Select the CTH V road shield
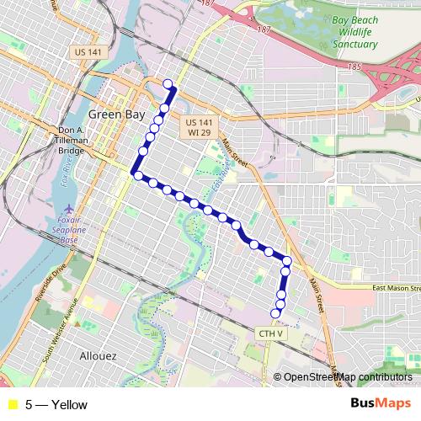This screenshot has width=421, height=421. (x=271, y=334)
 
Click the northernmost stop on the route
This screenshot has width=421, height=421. (x=168, y=83)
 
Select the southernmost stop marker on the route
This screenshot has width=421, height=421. (x=274, y=314)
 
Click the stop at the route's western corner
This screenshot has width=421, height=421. (x=136, y=174)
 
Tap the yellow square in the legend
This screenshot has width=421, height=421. (x=13, y=404)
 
